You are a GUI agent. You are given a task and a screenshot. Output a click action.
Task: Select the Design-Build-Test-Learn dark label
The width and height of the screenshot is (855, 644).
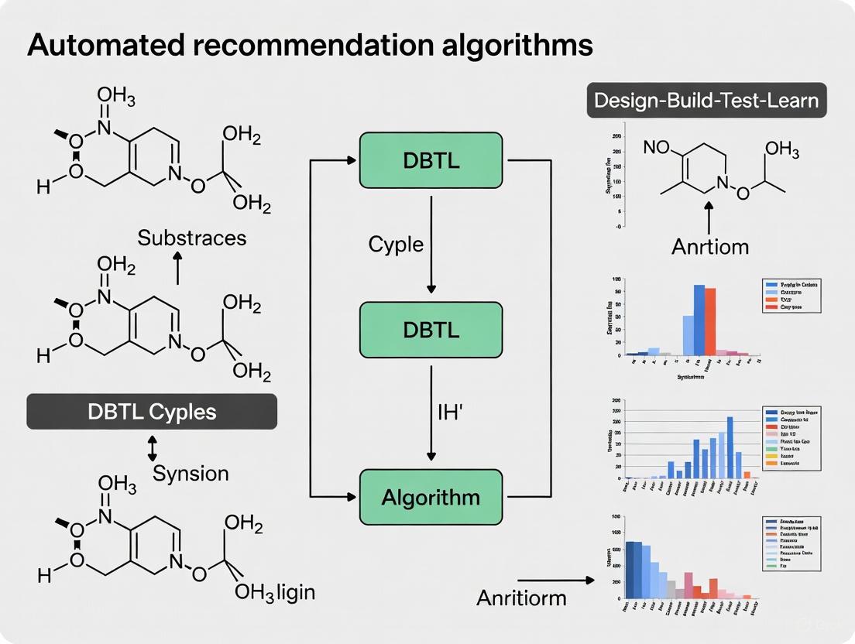pos(706,101)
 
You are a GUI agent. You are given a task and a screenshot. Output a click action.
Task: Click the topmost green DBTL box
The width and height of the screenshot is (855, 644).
pos(431,159)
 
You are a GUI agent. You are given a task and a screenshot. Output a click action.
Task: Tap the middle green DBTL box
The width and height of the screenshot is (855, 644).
pos(431,329)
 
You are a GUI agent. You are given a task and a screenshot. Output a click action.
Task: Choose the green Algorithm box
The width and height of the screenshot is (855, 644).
pos(431,496)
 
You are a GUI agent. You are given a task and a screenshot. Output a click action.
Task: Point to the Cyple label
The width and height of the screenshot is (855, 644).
pos(396,245)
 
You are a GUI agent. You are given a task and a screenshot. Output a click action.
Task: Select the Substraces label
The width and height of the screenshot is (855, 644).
pos(191,237)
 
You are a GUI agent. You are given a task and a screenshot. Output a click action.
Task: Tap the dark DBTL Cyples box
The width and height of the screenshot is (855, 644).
pos(152,412)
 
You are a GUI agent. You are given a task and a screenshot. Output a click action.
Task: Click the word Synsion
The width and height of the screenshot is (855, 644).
pos(191,472)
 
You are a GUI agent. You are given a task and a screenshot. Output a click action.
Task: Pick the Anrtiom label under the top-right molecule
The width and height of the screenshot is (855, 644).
pos(711,247)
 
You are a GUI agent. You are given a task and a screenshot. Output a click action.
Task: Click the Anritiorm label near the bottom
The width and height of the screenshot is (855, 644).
pos(521,598)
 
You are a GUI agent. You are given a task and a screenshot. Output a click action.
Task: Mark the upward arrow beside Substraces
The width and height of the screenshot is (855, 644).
pos(177,268)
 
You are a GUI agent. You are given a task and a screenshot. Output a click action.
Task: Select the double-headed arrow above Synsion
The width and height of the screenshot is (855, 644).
pos(153,448)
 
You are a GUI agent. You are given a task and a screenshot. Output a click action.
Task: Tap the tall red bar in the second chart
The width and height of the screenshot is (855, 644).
pos(709,320)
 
